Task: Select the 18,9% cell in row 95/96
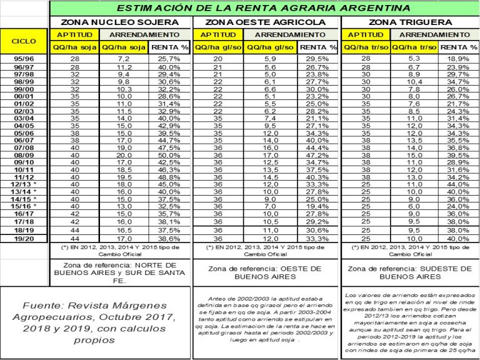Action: tap(459, 58)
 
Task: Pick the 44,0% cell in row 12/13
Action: tap(459, 185)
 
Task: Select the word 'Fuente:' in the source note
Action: tap(44, 306)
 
